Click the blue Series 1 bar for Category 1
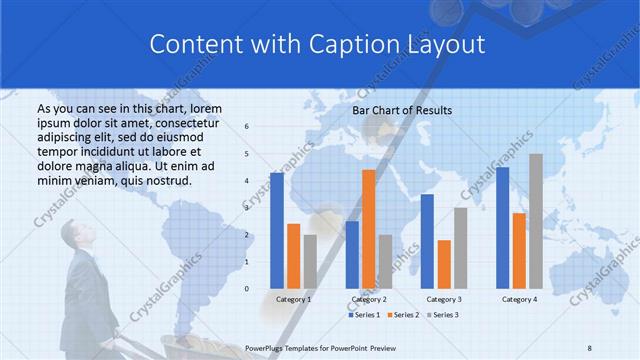276,230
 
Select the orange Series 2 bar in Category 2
368,228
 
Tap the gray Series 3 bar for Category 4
536,220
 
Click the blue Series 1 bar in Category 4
502,227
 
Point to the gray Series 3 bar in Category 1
310,261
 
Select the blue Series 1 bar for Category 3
427,240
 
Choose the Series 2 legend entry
403,315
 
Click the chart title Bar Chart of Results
403,110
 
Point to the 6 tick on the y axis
247,127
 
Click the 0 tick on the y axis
247,289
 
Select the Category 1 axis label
293,299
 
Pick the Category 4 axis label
519,299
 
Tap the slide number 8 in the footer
589,347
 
